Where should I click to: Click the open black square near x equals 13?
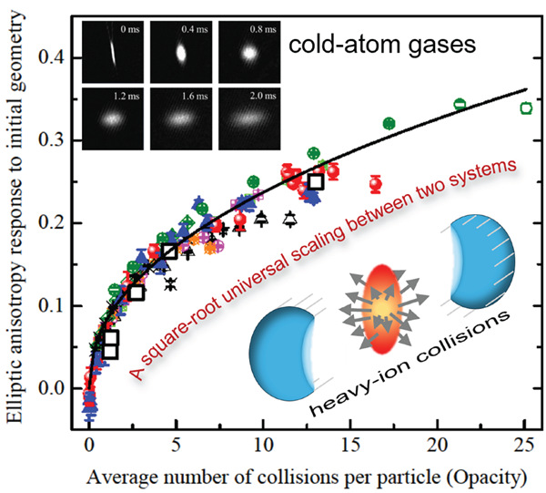(316, 180)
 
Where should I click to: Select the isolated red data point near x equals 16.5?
(375, 184)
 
